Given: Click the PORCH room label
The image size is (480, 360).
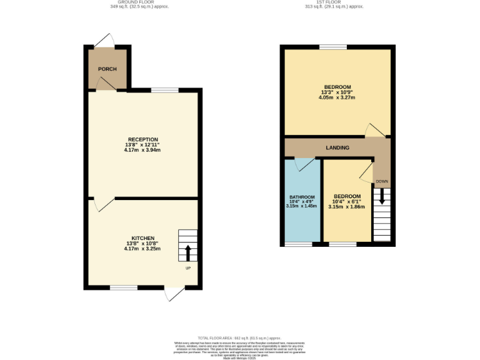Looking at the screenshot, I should coord(107,69).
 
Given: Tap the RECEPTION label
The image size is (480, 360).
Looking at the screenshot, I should coord(143,139).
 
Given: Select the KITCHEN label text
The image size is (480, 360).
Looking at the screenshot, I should coord(143,238).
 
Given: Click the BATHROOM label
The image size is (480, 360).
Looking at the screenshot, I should coord(301,197).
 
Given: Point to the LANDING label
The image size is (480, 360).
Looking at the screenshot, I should coord(337,147).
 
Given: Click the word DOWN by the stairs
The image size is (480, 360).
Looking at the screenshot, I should coord(381,182).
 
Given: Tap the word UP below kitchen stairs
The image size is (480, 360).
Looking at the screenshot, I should coord(187,268).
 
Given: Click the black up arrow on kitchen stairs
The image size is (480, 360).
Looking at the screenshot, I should coord(187,253).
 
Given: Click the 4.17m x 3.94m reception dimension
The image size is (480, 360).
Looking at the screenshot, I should coord(143,150).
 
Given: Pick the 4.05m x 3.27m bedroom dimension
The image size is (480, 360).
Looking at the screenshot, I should coord(337,97).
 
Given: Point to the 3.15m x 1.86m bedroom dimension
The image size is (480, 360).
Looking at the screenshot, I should coord(346,206).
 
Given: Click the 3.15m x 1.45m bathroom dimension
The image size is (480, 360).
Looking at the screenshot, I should coord(301,206).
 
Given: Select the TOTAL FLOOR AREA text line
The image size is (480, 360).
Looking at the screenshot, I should coord(239,337).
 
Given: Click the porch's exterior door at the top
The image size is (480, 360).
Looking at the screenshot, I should coord(105,41).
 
